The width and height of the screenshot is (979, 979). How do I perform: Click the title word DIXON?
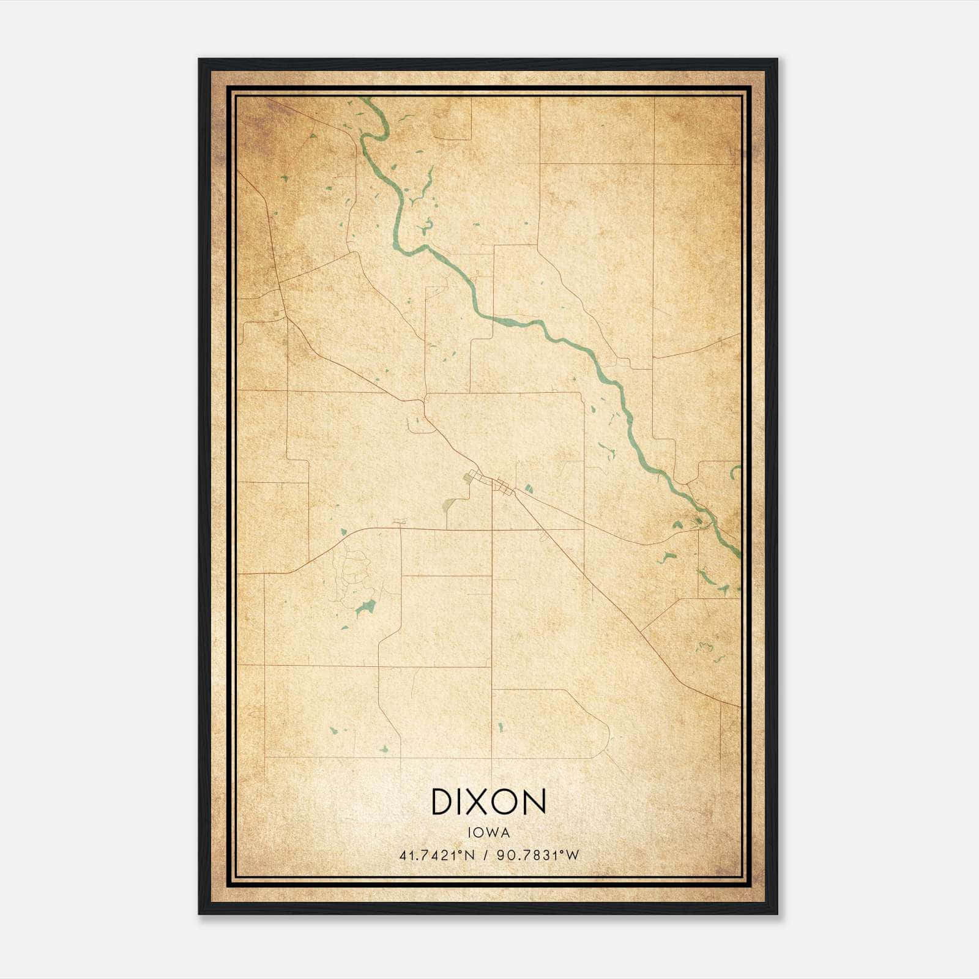(x=488, y=802)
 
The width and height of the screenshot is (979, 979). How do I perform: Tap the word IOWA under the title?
(x=488, y=833)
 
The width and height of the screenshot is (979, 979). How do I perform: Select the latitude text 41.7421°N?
(x=437, y=855)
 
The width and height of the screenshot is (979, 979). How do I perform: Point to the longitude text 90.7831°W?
(x=538, y=855)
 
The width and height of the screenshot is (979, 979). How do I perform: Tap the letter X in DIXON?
(x=484, y=802)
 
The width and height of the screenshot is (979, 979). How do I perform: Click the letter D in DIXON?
(x=442, y=802)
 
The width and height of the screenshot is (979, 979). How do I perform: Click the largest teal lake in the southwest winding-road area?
(x=366, y=606)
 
